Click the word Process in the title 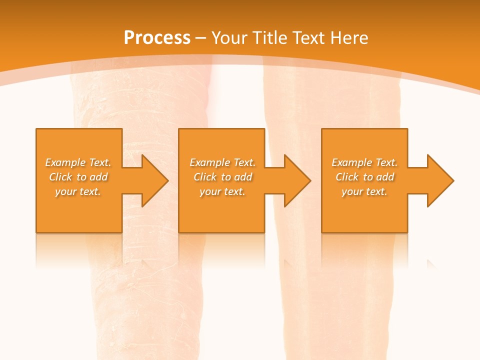pos(157,38)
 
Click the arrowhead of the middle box pos(297,180)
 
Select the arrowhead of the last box pos(440,180)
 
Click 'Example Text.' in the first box pos(78,162)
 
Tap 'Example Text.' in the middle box pos(222,162)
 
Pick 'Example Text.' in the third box pos(364,162)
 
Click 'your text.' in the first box pos(78,191)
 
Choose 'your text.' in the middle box pos(222,191)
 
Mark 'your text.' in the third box pos(364,191)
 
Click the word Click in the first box pos(60,177)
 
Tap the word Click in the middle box pos(205,177)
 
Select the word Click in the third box pos(347,177)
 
